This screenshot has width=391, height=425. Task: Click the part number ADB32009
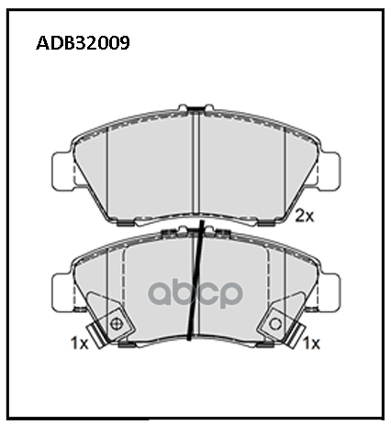pos(83,43)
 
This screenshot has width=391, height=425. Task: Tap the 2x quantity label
pos(305,217)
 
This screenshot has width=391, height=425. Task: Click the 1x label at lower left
pos(79,343)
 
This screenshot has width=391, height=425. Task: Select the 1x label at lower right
pos(311,343)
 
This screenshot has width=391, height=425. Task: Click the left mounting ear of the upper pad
pos(62,171)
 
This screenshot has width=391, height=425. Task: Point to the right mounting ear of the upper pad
pos(329,171)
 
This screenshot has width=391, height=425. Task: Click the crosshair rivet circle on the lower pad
pos(117,324)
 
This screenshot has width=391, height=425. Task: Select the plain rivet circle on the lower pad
pos(275,324)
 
